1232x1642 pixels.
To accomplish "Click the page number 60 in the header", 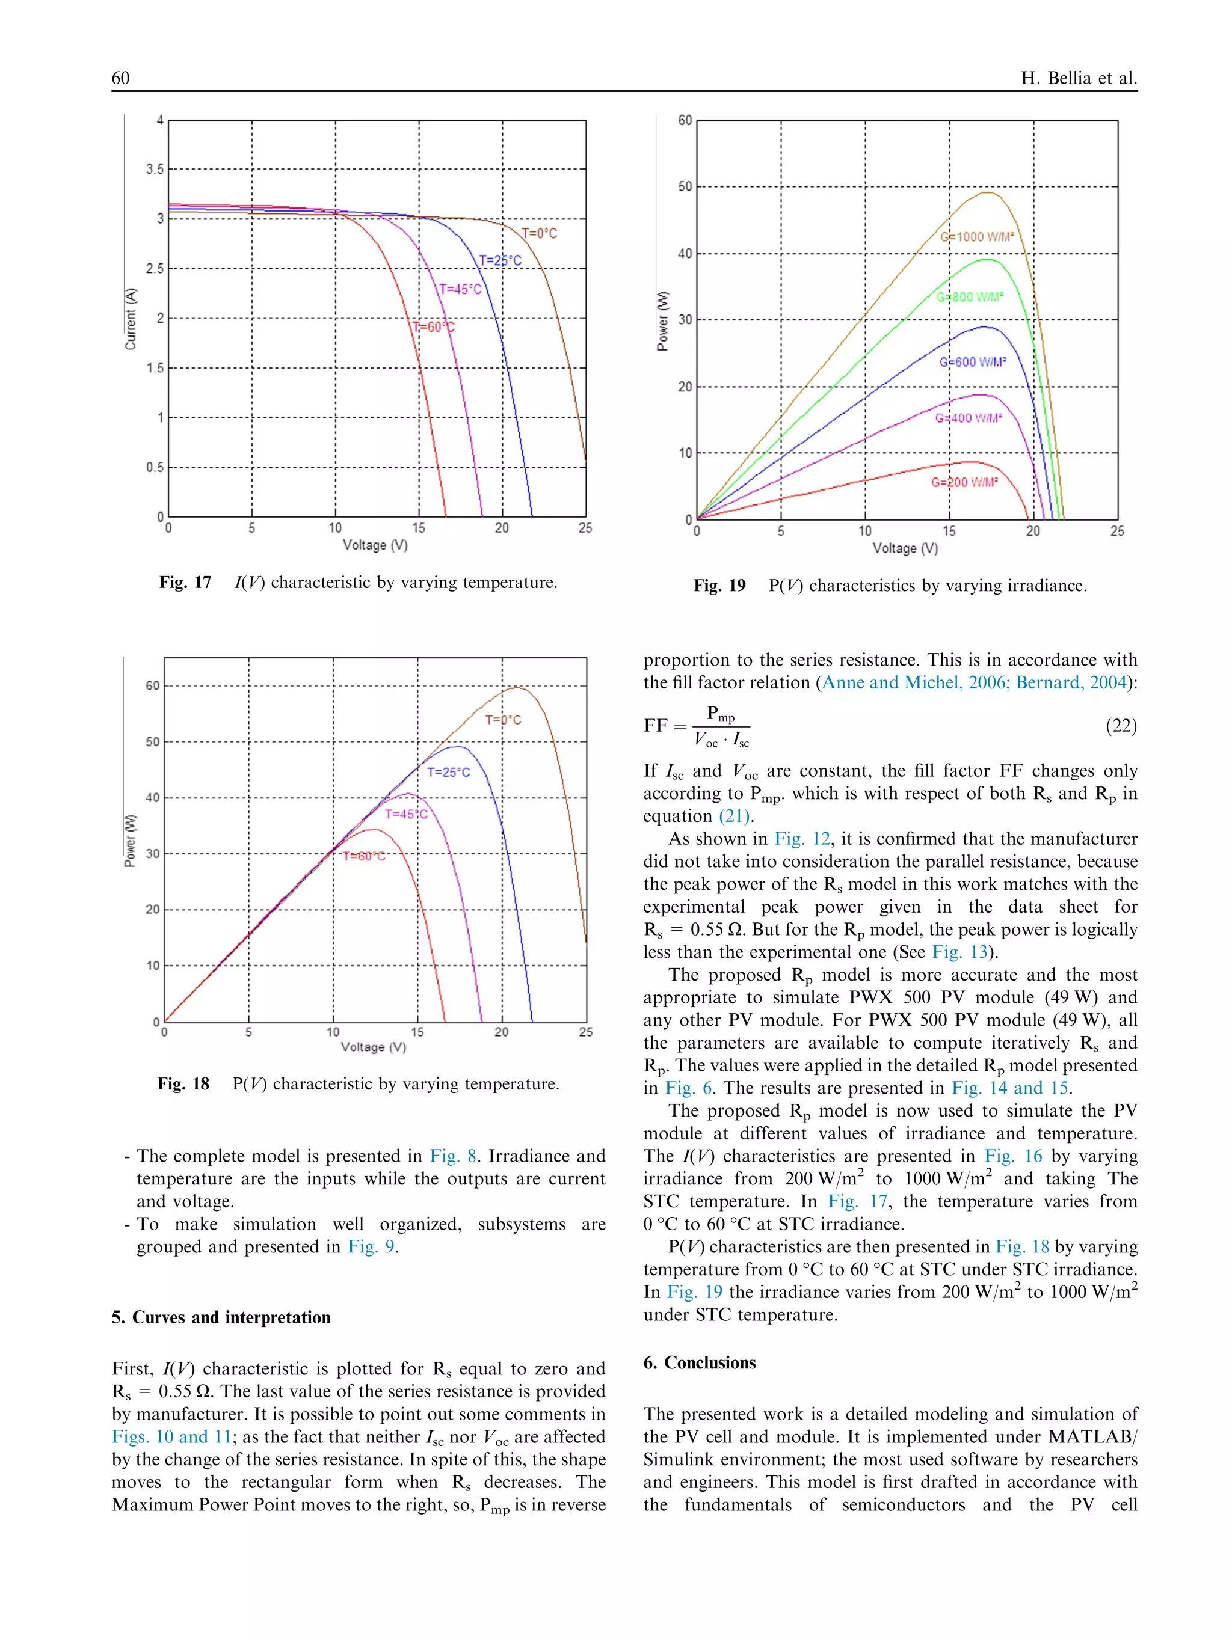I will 120,78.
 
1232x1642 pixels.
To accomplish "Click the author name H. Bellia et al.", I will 1078,78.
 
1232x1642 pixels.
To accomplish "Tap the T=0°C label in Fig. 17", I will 539,233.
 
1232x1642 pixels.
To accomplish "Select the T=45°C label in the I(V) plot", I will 460,289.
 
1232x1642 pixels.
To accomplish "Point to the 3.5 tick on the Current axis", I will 155,169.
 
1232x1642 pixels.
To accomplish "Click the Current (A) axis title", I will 131,317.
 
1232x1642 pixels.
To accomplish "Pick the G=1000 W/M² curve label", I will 976,237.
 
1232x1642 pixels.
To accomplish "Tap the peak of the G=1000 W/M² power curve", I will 988,193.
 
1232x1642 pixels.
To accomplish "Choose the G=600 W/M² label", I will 973,362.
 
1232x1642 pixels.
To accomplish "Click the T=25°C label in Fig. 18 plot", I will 449,772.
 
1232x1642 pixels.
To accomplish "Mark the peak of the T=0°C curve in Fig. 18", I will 517,688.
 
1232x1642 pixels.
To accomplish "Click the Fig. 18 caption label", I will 183,1084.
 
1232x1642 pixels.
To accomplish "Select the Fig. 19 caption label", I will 719,586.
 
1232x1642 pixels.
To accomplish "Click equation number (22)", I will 1121,725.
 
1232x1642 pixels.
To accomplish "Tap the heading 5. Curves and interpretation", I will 221,1317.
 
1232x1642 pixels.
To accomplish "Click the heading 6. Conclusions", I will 699,1362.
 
